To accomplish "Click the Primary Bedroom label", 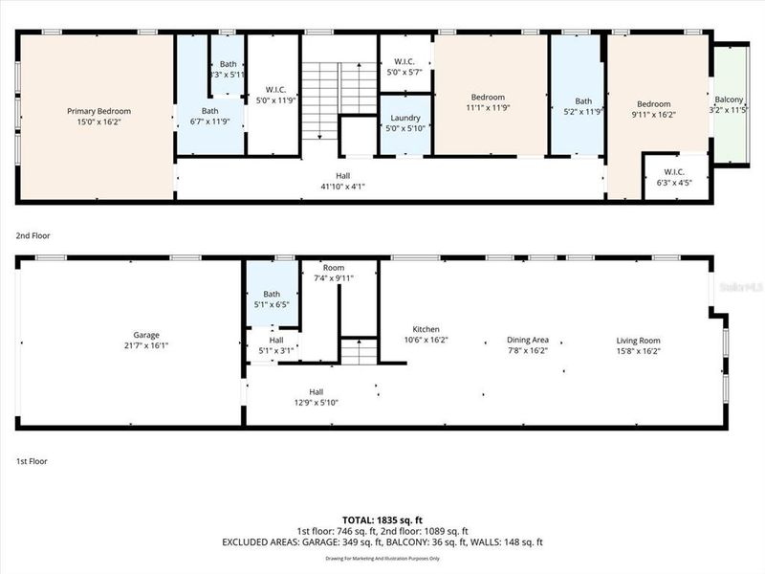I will pos(98,111).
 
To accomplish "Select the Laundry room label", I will pos(405,118).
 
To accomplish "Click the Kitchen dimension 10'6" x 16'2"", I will pos(425,340).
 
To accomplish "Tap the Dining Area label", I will pos(527,340).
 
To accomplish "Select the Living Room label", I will pos(638,340).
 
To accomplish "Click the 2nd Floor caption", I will pos(33,235).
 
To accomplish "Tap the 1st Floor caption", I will pos(33,461).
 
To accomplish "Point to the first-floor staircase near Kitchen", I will pos(360,352).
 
